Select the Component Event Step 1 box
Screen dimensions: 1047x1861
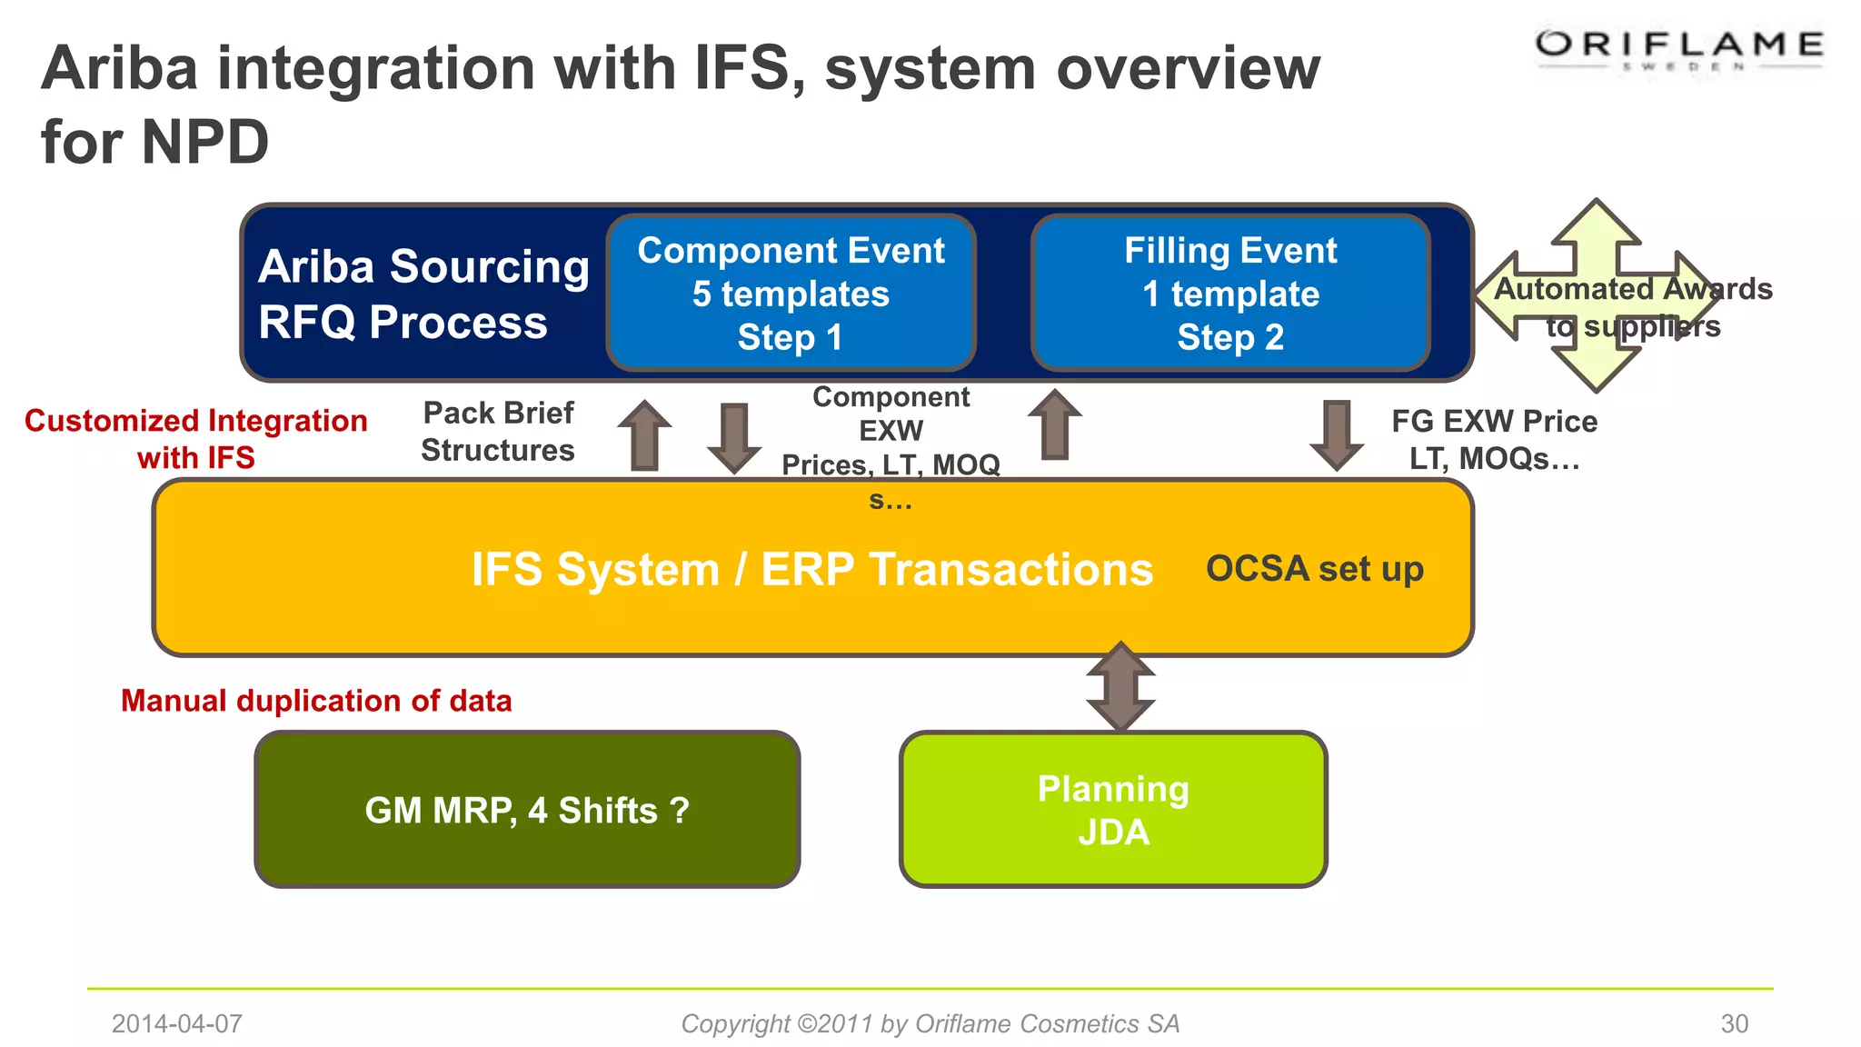point(791,293)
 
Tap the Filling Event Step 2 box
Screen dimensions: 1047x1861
point(1230,293)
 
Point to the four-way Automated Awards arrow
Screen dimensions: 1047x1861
point(1597,295)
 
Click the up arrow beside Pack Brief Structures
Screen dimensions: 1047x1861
point(644,435)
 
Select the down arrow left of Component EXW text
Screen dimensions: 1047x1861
point(733,437)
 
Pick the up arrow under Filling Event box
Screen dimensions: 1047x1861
point(1054,424)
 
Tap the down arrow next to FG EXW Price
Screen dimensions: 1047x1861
point(1336,434)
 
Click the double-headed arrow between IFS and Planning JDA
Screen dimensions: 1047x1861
point(1120,687)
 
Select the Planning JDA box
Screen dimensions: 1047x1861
point(1113,809)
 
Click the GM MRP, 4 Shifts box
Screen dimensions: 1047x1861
point(527,809)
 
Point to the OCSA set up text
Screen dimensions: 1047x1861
point(1314,569)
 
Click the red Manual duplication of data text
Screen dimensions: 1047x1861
point(316,701)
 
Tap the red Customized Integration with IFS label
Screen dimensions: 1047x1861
point(196,438)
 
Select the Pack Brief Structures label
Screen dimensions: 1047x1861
point(498,432)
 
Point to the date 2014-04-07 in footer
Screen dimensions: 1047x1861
point(176,1023)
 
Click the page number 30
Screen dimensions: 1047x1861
point(1734,1023)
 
